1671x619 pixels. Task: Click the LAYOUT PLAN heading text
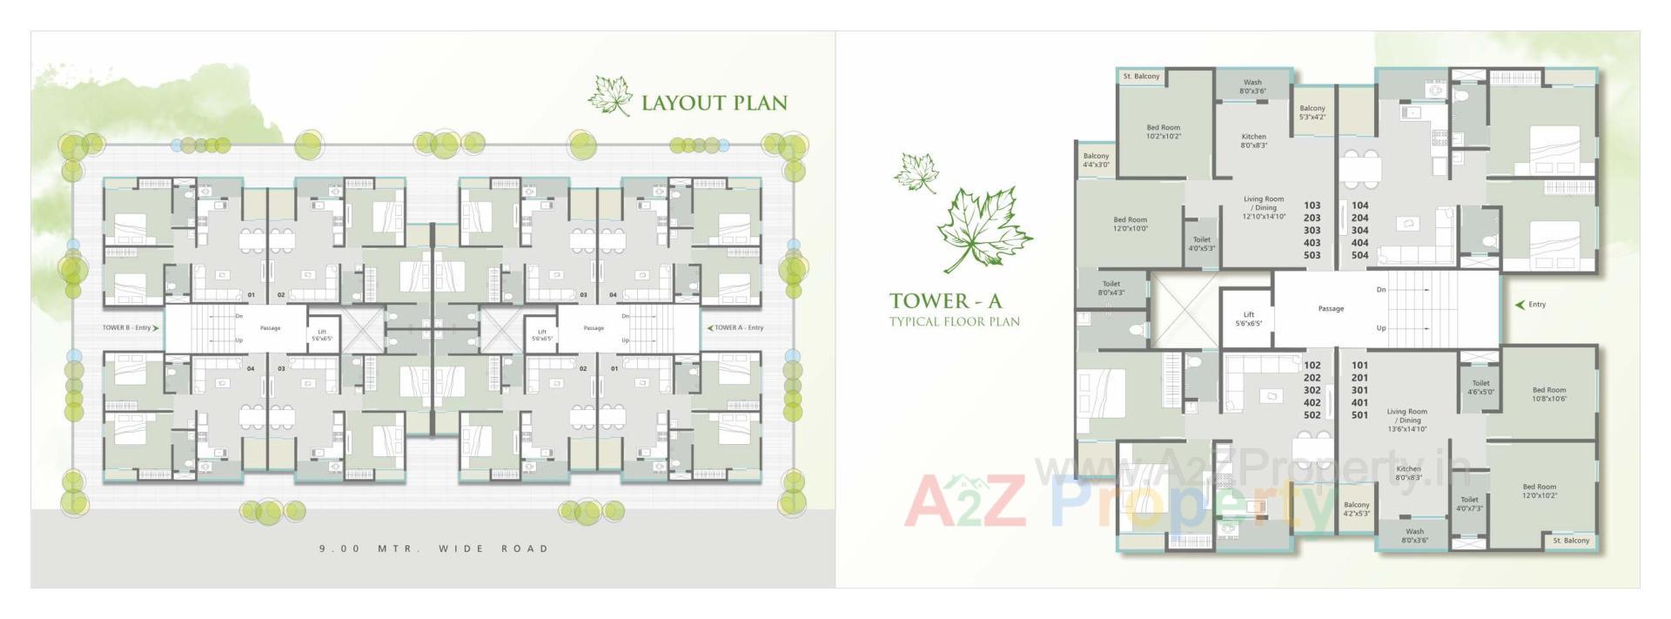click(x=714, y=103)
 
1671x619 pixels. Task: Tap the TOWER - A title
click(x=945, y=301)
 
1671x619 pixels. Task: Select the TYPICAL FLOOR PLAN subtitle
click(x=954, y=321)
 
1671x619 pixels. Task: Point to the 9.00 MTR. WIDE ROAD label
click(x=434, y=548)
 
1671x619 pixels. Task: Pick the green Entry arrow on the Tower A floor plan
click(x=1520, y=305)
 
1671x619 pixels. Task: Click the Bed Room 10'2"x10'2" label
click(x=1163, y=132)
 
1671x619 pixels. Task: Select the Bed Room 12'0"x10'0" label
click(x=1130, y=225)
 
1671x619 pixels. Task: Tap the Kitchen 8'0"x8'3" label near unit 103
click(x=1253, y=141)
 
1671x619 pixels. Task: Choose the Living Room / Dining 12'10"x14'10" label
click(x=1264, y=208)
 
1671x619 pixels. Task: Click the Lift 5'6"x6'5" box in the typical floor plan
click(x=1248, y=319)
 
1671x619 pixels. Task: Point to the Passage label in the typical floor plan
click(x=1331, y=309)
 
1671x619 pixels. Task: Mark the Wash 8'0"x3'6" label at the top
click(x=1252, y=86)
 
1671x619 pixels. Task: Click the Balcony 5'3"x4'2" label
click(x=1312, y=112)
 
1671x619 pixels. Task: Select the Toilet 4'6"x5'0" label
click(x=1480, y=387)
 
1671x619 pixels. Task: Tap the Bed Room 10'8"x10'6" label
click(x=1548, y=394)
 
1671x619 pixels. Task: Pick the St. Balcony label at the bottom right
click(x=1571, y=541)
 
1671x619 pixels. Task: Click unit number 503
click(x=1312, y=256)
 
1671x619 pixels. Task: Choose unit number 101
click(x=1359, y=366)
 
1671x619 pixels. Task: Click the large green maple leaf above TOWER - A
click(x=983, y=228)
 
